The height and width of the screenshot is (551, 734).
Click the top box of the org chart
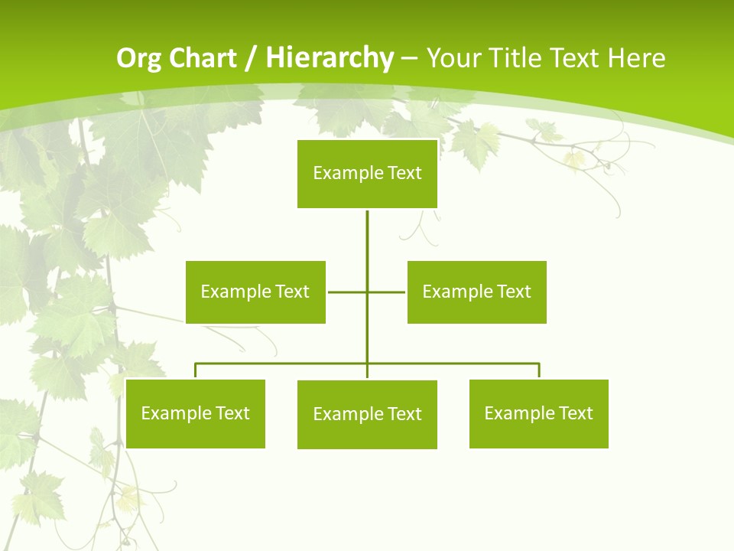[x=367, y=174]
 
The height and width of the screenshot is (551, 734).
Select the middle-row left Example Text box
[x=255, y=292]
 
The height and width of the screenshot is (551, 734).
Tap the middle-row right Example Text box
[x=476, y=292]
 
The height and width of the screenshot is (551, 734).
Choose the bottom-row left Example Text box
[x=195, y=413]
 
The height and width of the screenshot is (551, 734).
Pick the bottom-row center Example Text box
[x=367, y=414]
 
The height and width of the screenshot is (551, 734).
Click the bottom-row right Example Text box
[x=538, y=413]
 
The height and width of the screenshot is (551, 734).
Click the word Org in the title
[x=137, y=58]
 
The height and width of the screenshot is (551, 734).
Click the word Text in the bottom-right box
[x=575, y=413]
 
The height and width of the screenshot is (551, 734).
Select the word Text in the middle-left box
[x=292, y=292]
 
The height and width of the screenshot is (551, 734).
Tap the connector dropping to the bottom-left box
[x=195, y=370]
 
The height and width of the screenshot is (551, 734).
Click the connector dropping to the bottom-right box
[x=539, y=370]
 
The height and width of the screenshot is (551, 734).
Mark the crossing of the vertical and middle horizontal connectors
[x=367, y=292]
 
